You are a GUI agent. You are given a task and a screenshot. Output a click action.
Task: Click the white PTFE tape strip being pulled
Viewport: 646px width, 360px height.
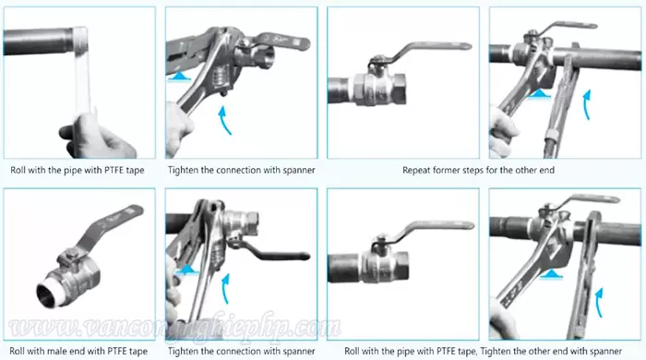tap(81, 74)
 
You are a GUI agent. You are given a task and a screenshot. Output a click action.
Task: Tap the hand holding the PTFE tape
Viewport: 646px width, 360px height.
tap(97, 136)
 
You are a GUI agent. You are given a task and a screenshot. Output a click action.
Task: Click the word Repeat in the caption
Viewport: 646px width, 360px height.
tap(416, 170)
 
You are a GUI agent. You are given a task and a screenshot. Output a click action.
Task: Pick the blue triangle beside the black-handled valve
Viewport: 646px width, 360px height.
tap(187, 270)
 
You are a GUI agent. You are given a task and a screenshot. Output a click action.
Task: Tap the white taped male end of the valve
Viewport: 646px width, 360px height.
tap(50, 294)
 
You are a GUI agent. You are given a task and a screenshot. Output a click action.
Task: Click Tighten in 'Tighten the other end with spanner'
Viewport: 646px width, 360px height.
tap(496, 352)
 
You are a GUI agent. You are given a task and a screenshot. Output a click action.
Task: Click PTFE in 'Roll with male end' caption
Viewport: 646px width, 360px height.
tap(118, 352)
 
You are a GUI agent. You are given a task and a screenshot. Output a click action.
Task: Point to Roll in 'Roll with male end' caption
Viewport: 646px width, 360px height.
tap(18, 352)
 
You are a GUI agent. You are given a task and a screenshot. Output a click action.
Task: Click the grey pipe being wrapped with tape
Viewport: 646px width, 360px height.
tap(39, 42)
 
